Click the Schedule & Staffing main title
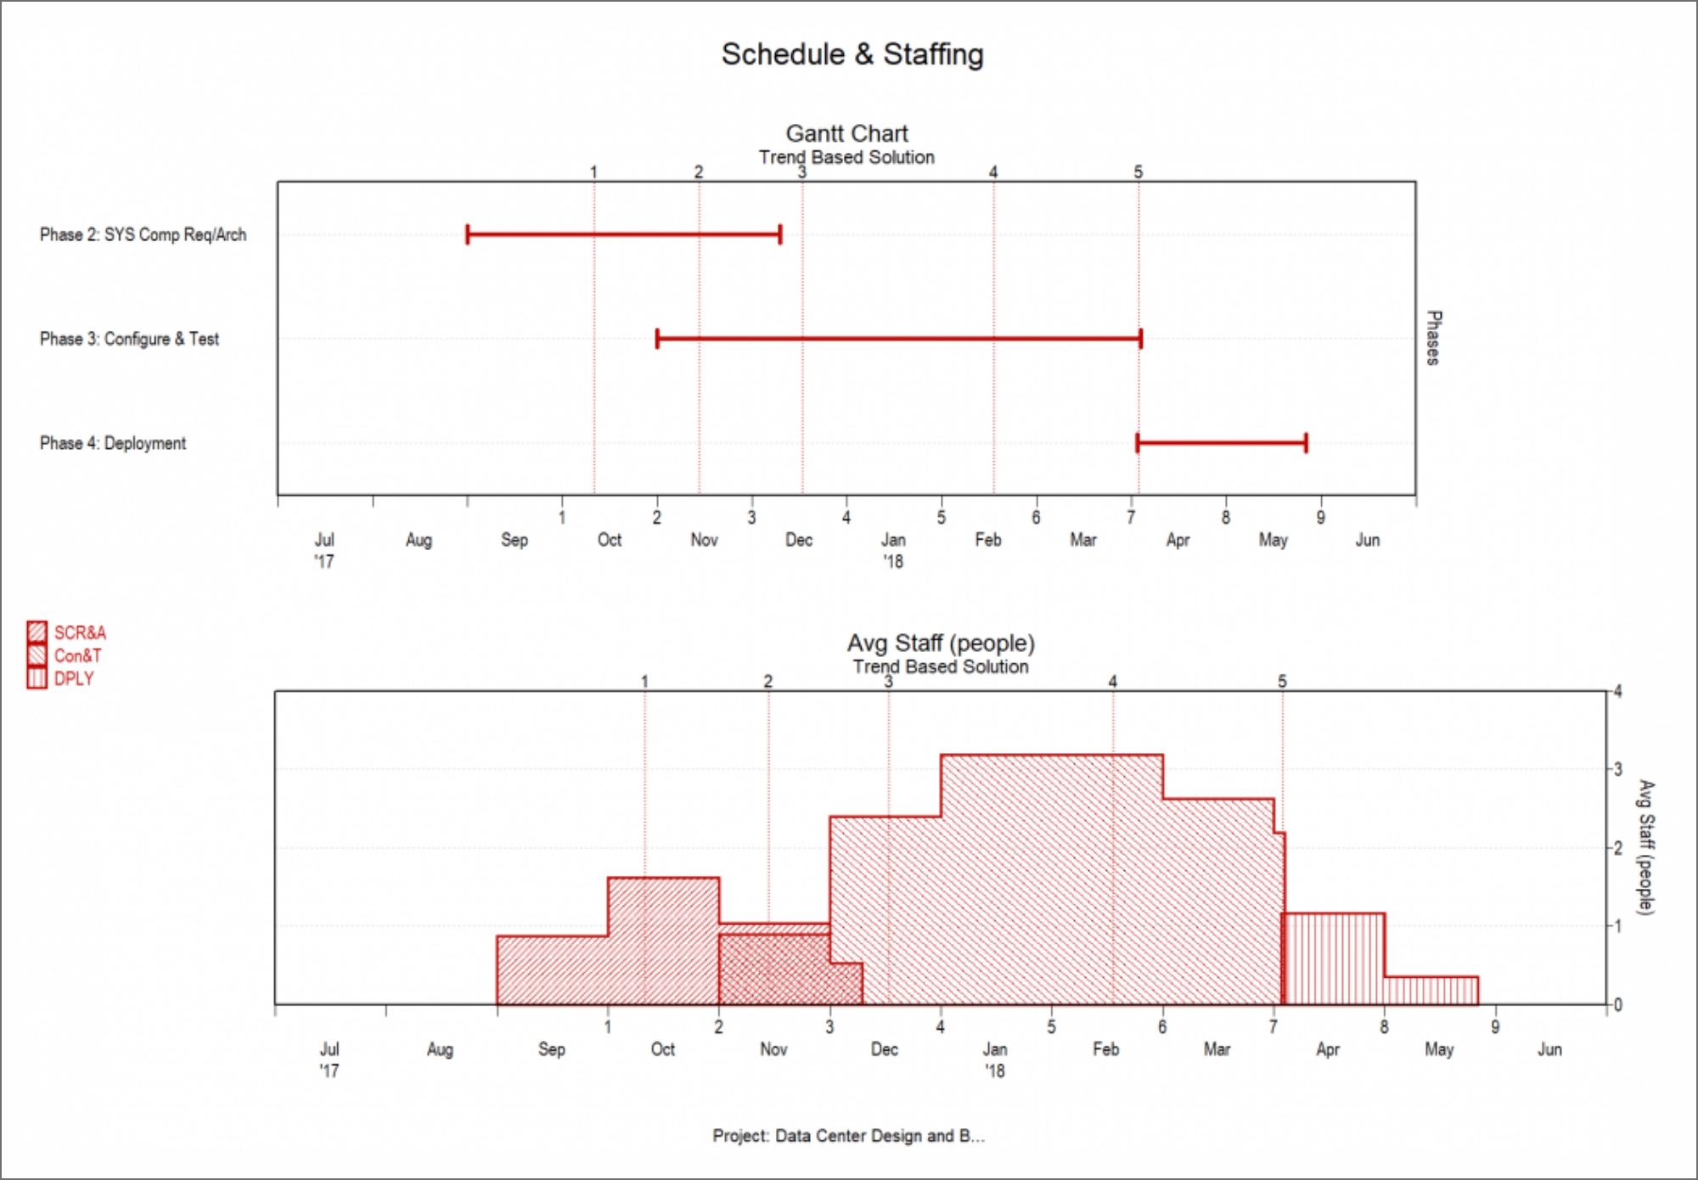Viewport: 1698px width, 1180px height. (852, 54)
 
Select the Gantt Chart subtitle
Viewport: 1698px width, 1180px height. (846, 133)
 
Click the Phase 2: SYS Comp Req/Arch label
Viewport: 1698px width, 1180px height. (143, 234)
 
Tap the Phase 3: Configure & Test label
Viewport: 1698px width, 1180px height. (129, 339)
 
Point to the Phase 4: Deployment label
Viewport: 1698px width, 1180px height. (113, 443)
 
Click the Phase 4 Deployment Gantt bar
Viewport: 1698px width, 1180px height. (1221, 442)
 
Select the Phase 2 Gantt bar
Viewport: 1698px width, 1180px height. (623, 234)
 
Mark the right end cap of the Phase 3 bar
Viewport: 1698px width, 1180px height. (1140, 339)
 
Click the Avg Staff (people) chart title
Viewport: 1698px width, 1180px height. (940, 643)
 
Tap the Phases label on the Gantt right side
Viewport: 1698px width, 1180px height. (1433, 338)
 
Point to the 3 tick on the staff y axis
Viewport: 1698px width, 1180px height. (1617, 769)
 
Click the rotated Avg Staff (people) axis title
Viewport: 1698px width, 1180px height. (1645, 846)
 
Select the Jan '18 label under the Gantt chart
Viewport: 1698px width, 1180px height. (893, 549)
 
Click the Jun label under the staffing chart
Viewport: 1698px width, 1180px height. (1549, 1049)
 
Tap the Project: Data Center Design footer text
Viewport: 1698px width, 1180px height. (848, 1135)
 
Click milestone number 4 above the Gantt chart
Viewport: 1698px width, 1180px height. (993, 171)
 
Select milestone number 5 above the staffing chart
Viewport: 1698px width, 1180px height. (1282, 681)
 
